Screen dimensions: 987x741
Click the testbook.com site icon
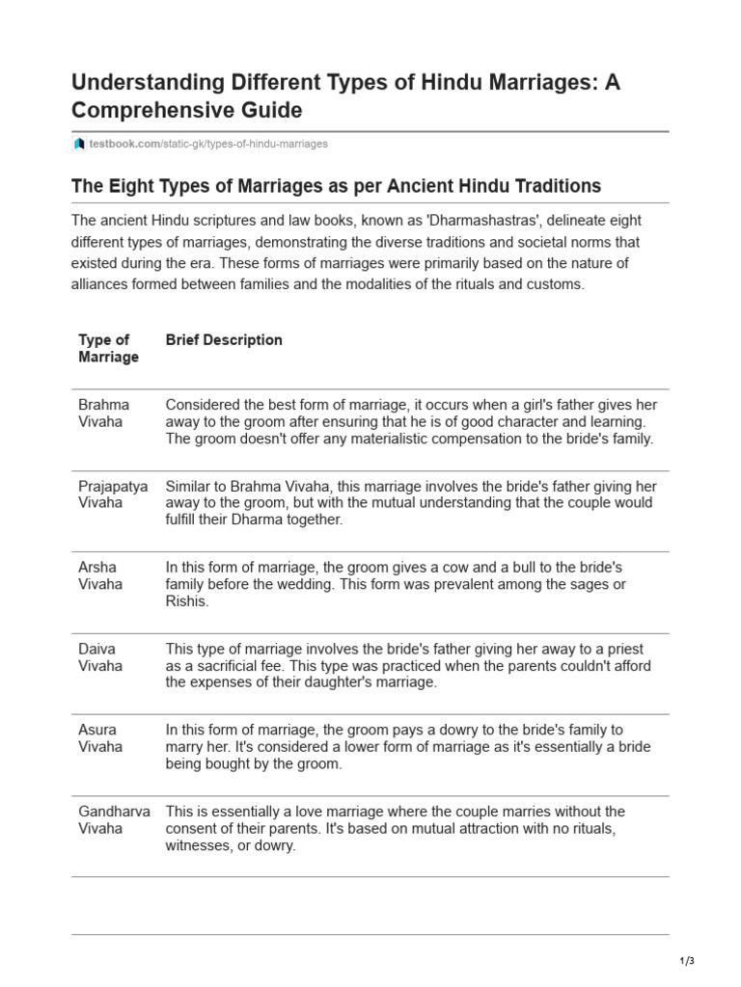[x=79, y=144]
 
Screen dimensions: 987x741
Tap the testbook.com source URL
[x=207, y=144]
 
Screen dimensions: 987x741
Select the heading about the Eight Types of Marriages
[x=336, y=185]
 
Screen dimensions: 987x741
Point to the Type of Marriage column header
[x=108, y=348]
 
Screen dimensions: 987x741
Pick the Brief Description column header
[x=224, y=339]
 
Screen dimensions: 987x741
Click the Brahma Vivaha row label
[x=103, y=413]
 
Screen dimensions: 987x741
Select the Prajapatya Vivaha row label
[x=113, y=494]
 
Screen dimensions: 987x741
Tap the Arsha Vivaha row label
[x=100, y=575]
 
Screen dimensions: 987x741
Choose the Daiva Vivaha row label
[x=100, y=657]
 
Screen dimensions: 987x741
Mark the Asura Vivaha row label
[x=100, y=738]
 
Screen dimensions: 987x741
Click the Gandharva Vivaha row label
[x=114, y=819]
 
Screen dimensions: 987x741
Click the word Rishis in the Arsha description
[x=187, y=601]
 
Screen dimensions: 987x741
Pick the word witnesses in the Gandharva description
[x=201, y=845]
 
